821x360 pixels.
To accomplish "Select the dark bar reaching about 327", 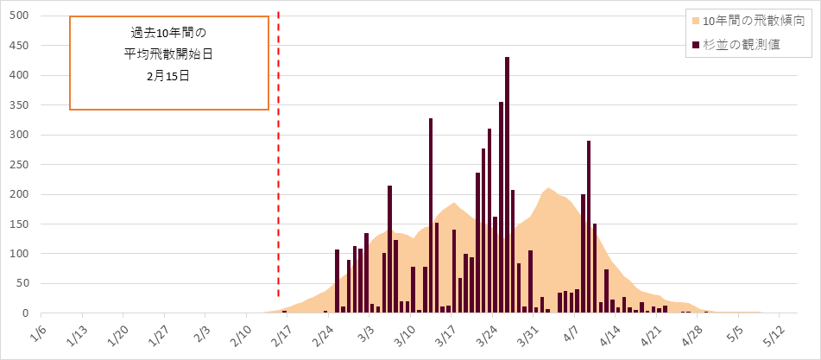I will [x=431, y=216].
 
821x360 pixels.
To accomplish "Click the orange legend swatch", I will [x=696, y=19].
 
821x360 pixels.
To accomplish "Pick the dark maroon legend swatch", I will [x=696, y=44].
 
